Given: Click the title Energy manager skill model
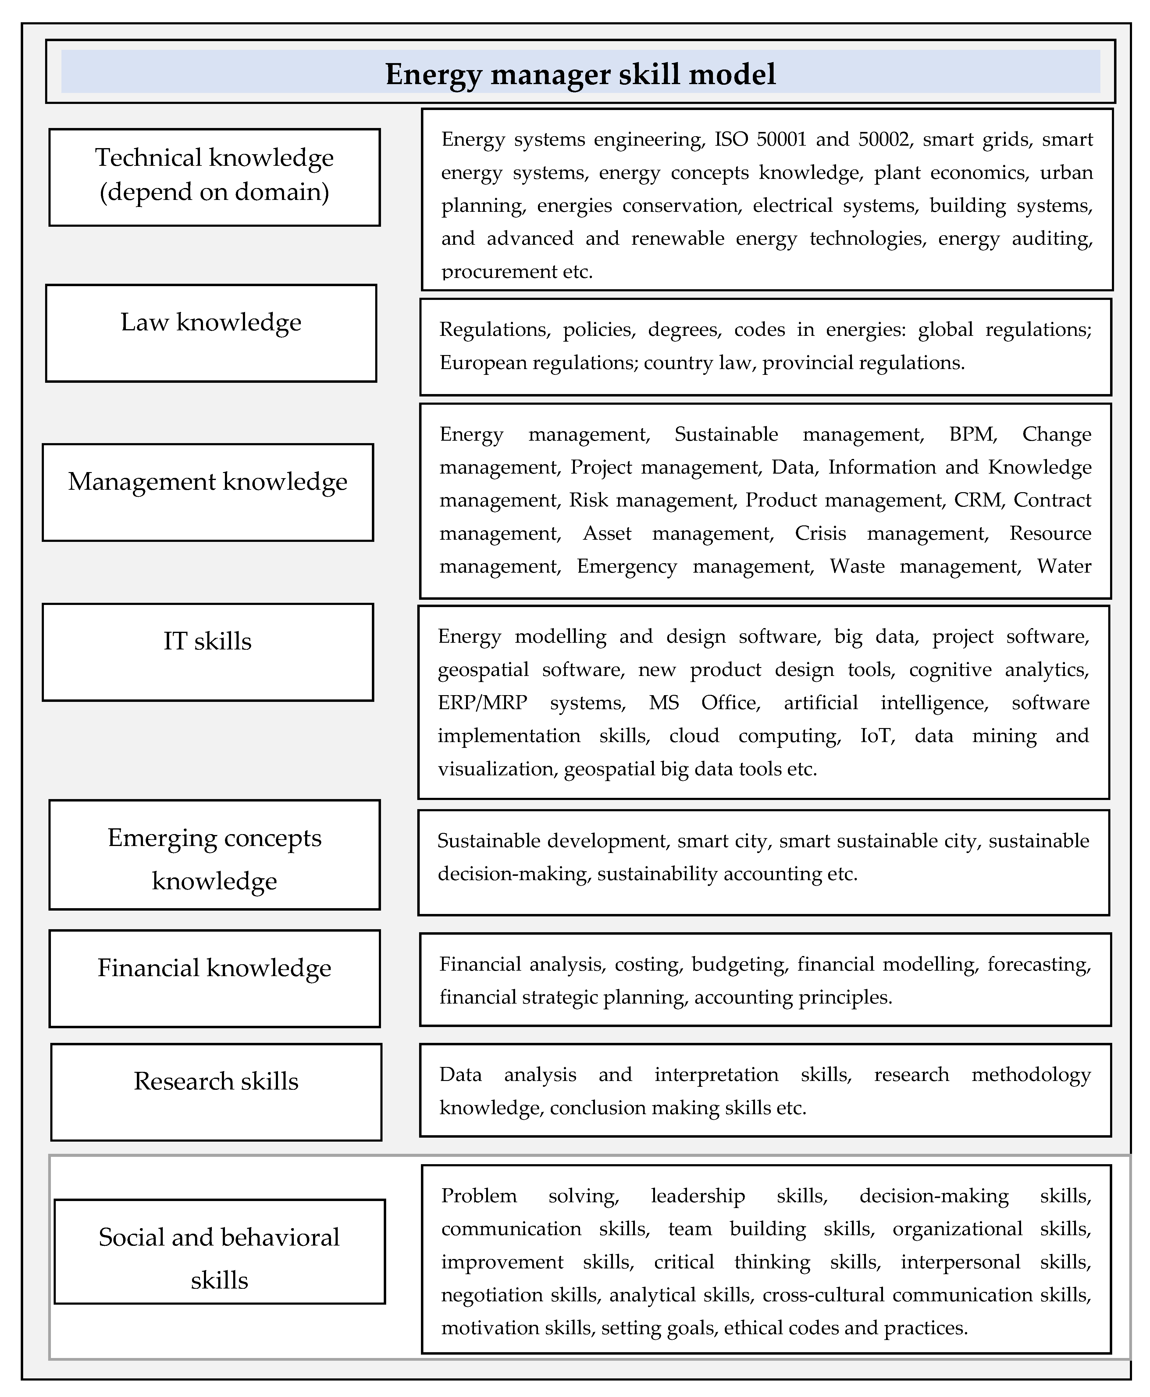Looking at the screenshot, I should (x=580, y=73).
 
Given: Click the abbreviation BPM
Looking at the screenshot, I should (x=973, y=434).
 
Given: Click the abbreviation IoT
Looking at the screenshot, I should (x=877, y=735).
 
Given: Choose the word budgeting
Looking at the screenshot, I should (x=739, y=964).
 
